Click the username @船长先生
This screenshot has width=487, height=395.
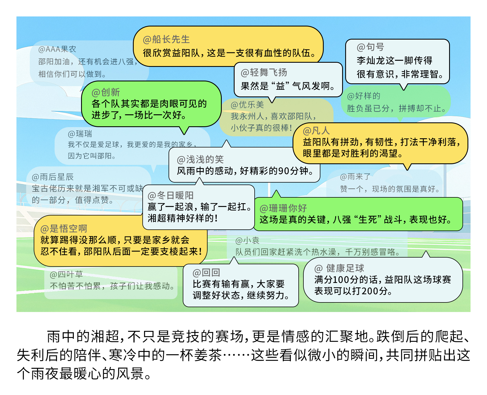[166, 40]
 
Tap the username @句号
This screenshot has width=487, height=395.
[370, 47]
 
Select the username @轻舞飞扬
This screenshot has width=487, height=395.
[264, 73]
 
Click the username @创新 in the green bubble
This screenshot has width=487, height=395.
[106, 92]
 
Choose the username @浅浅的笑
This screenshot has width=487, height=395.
[200, 159]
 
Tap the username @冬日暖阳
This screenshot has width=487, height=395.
[170, 195]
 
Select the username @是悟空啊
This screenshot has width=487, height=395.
[64, 229]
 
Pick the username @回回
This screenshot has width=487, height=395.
[206, 273]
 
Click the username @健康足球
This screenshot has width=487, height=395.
[339, 268]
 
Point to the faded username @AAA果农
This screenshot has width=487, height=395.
[57, 49]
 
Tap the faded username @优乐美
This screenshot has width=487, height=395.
[247, 105]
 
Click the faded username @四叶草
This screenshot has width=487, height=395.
[66, 275]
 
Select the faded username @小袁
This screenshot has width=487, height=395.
[247, 241]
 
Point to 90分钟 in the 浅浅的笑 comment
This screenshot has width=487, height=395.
[290, 171]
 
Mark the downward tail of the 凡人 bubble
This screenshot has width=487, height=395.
[407, 167]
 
